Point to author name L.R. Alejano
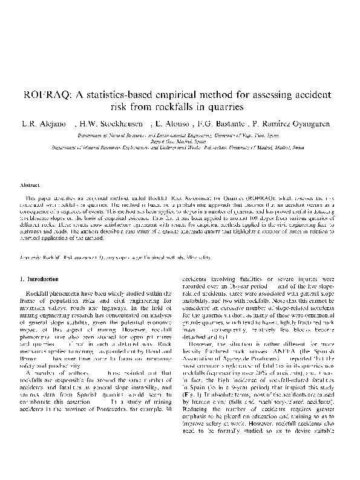tap(39, 124)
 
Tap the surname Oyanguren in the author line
tap(308, 124)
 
